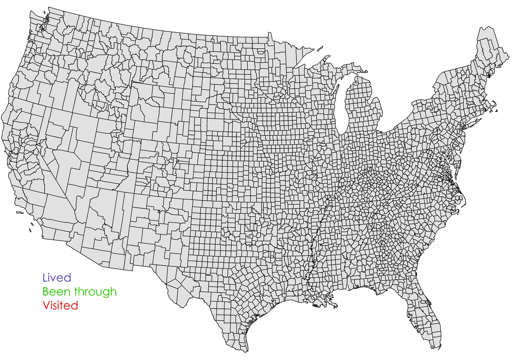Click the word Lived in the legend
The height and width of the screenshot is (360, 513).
pos(56,278)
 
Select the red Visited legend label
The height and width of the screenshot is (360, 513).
pos(60,306)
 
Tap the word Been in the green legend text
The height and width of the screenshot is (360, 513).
pos(57,292)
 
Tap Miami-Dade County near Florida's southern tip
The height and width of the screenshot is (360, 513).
pos(436,338)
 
